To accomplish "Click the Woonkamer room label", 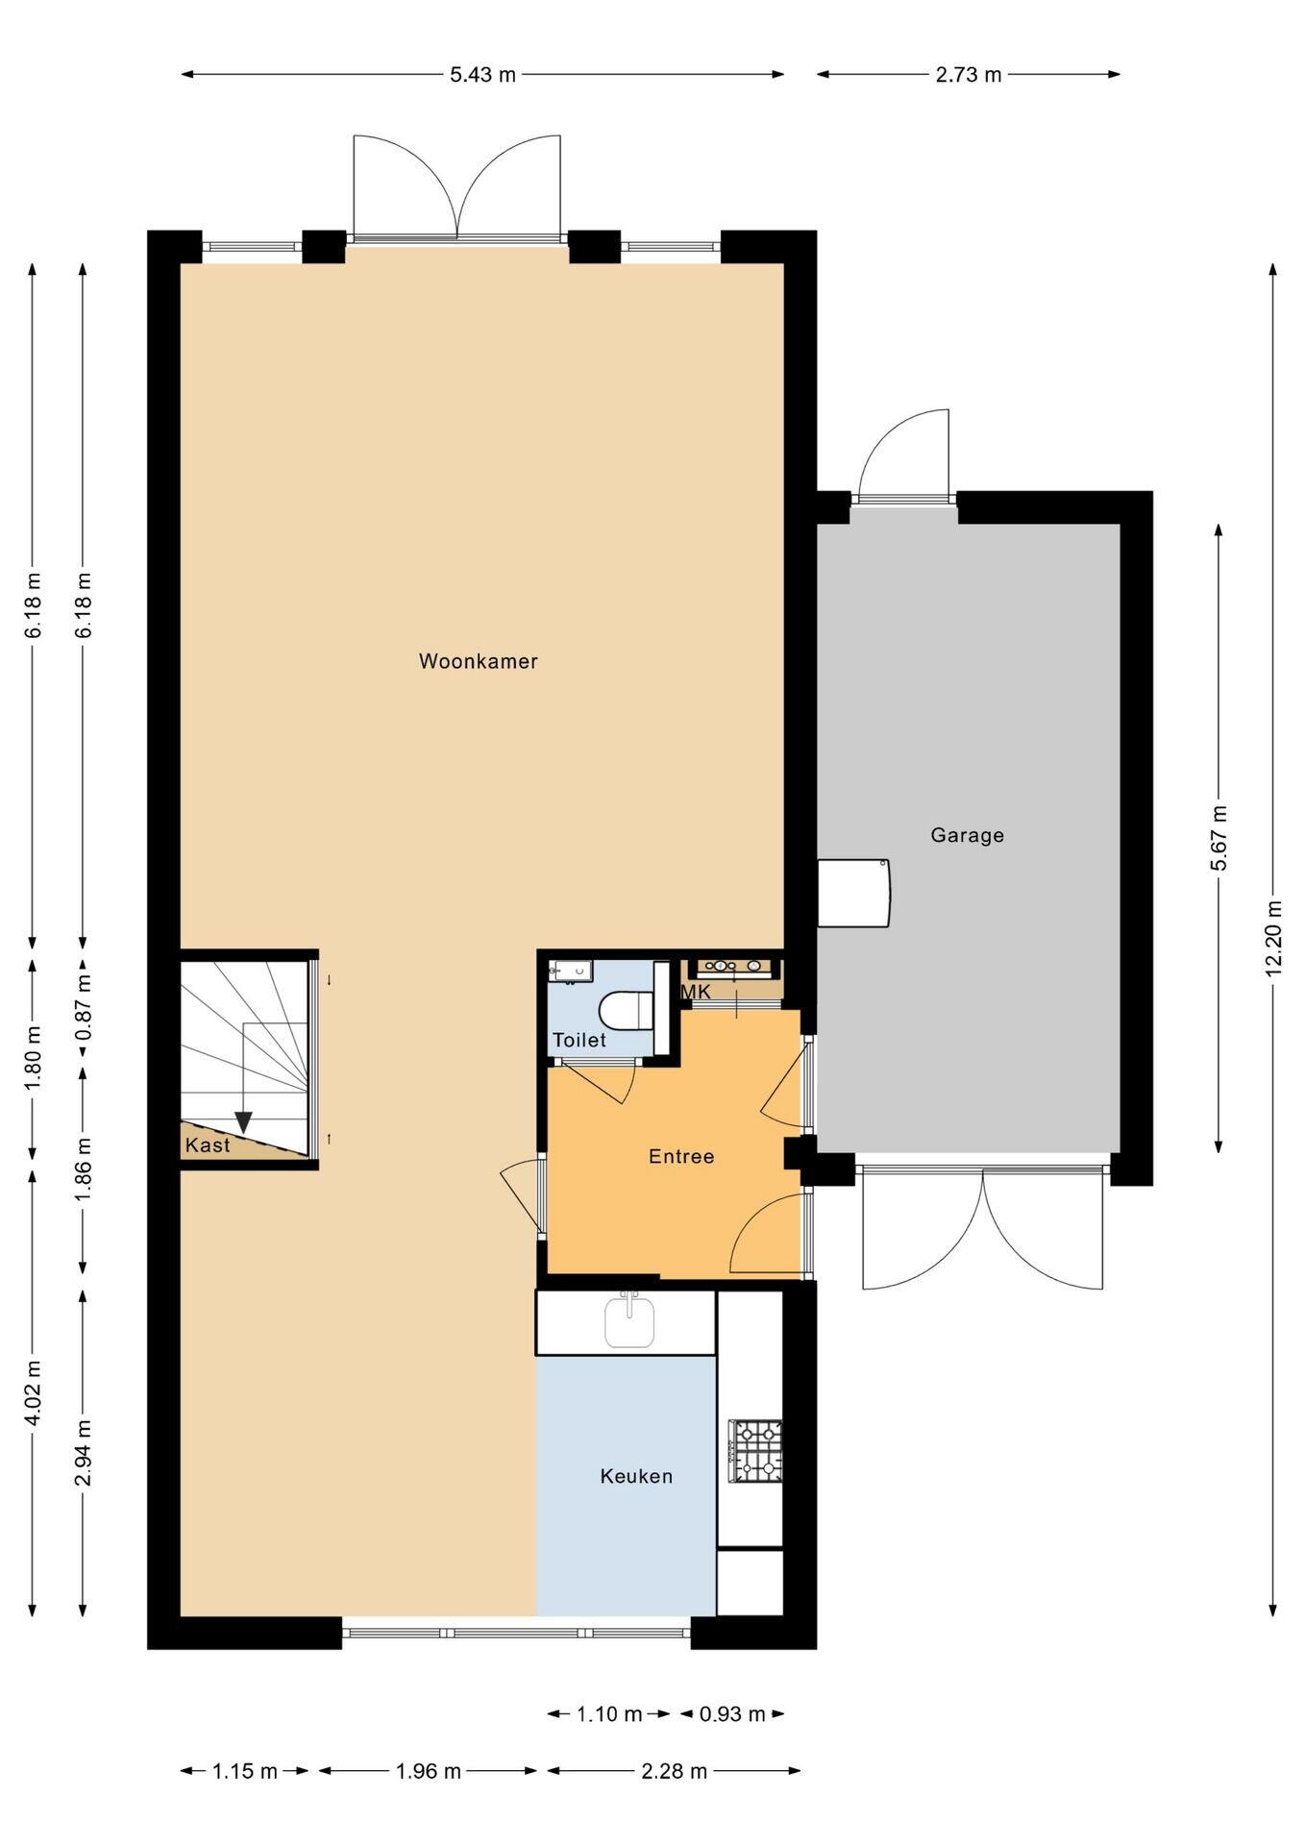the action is (478, 661).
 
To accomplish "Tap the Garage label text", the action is (967, 835).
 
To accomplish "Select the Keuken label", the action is (636, 1476).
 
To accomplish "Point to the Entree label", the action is (681, 1156).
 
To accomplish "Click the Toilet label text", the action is (579, 1040).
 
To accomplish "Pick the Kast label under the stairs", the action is (208, 1144).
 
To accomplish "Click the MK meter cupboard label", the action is (697, 992).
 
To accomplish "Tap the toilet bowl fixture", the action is (626, 1010).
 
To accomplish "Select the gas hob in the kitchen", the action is (756, 1451).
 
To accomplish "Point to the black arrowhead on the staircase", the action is (243, 1122).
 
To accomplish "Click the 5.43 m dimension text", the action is (483, 75).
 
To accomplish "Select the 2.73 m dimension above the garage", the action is (969, 75).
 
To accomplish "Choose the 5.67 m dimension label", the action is (1219, 837).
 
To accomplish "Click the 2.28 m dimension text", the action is (675, 1771).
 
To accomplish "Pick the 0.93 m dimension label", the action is (732, 1713).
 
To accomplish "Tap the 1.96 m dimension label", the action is (429, 1771).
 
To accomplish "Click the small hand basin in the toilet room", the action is (570, 971).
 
